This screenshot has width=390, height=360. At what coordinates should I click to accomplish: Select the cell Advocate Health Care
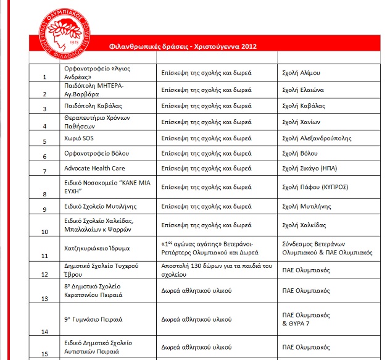coord(95,168)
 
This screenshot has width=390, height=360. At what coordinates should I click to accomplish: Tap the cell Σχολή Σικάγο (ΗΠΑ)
coord(309,168)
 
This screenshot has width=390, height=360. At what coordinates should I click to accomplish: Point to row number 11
coord(44,254)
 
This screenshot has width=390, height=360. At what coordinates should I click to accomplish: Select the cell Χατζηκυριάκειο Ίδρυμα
coord(93,246)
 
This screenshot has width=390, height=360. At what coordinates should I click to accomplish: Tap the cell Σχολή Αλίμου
coord(301,72)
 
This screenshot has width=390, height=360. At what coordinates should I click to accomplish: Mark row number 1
coord(44,78)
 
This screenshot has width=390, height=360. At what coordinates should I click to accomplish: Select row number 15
coord(44,354)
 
